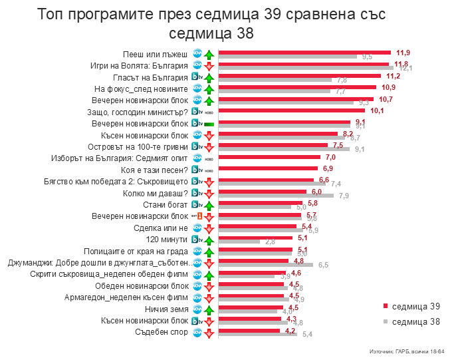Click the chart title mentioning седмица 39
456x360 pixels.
click(x=211, y=23)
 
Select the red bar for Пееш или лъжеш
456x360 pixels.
click(x=306, y=52)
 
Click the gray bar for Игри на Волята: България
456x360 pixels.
click(x=306, y=68)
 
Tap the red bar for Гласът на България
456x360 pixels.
click(x=300, y=76)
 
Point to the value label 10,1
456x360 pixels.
click(x=378, y=110)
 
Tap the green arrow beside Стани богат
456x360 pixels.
click(x=209, y=205)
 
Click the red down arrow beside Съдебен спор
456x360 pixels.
click(x=209, y=332)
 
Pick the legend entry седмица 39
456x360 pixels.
click(x=412, y=305)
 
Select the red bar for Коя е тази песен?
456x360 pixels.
click(x=269, y=168)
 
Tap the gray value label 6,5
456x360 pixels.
click(x=324, y=265)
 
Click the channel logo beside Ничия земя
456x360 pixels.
click(x=197, y=309)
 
